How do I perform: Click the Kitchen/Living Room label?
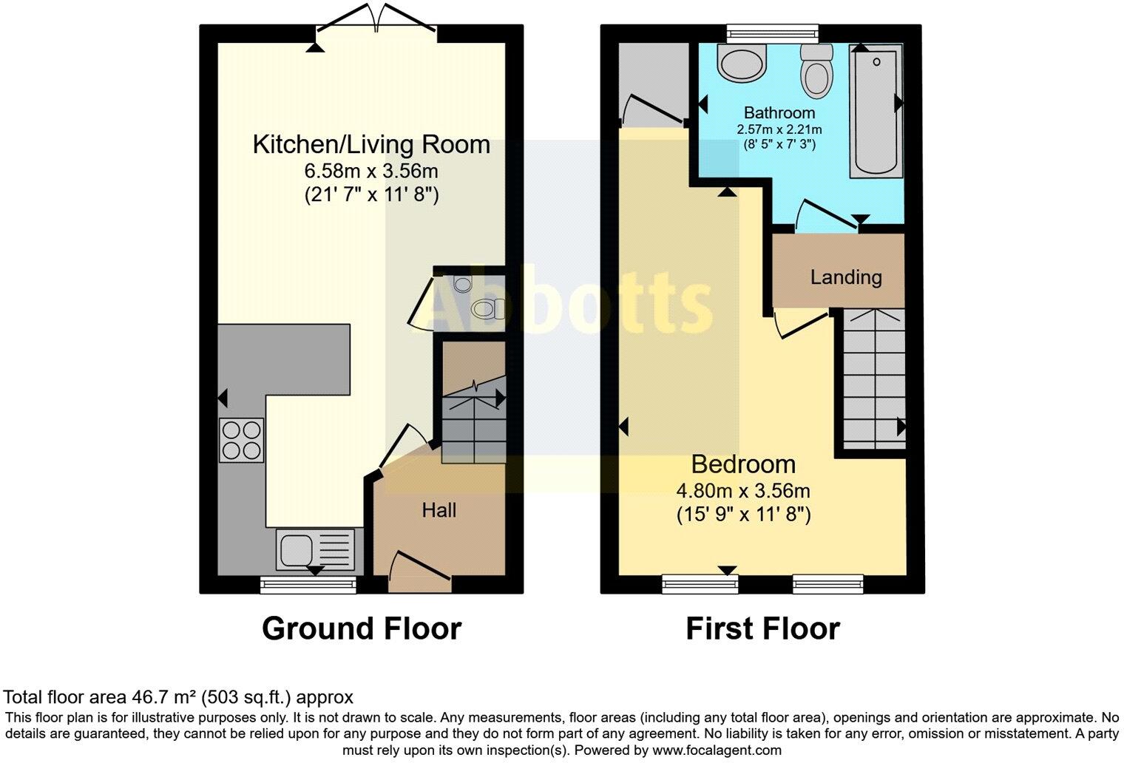pyautogui.click(x=371, y=144)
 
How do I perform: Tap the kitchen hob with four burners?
pyautogui.click(x=241, y=440)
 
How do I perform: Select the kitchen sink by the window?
pyautogui.click(x=316, y=549)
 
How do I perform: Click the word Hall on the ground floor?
pyautogui.click(x=439, y=510)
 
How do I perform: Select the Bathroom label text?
pyautogui.click(x=779, y=113)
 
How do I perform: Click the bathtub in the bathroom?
pyautogui.click(x=876, y=111)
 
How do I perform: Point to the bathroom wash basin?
pyautogui.click(x=742, y=64)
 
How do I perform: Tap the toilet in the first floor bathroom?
pyautogui.click(x=816, y=73)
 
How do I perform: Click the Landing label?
pyautogui.click(x=846, y=277)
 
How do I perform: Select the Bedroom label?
pyautogui.click(x=743, y=464)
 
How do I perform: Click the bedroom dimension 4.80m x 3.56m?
pyautogui.click(x=743, y=491)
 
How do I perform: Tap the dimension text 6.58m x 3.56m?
pyautogui.click(x=371, y=172)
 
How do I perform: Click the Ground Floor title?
pyautogui.click(x=362, y=628)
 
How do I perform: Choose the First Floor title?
pyautogui.click(x=762, y=628)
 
